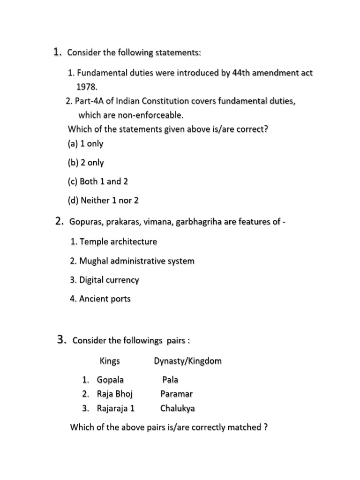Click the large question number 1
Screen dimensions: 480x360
pyautogui.click(x=57, y=52)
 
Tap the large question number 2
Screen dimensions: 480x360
pyautogui.click(x=59, y=221)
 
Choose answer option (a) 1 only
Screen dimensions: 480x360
pyautogui.click(x=85, y=143)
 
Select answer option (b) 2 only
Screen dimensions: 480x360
pyautogui.click(x=86, y=163)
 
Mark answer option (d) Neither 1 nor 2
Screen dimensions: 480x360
pyautogui.click(x=103, y=200)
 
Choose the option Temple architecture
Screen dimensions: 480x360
pyautogui.click(x=118, y=242)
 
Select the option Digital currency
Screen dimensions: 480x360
pyautogui.click(x=109, y=280)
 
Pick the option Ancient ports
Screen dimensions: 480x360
pyautogui.click(x=105, y=299)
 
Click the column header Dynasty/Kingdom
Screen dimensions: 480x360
pyautogui.click(x=187, y=361)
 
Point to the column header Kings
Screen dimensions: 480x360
pyautogui.click(x=110, y=361)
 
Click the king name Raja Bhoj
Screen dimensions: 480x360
pyautogui.click(x=115, y=394)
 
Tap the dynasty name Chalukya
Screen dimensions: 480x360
pyautogui.click(x=178, y=408)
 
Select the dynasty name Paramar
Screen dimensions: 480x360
pyautogui.click(x=176, y=394)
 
